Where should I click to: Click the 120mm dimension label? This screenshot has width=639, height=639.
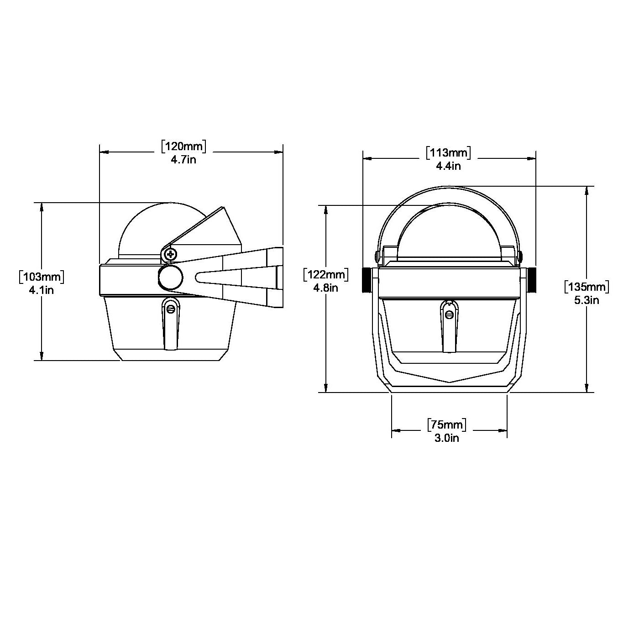pyautogui.click(x=183, y=147)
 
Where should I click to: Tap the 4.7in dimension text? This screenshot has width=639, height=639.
pyautogui.click(x=183, y=160)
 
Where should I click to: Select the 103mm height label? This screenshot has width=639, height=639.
pyautogui.click(x=42, y=277)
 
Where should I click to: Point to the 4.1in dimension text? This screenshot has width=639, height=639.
pyautogui.click(x=42, y=290)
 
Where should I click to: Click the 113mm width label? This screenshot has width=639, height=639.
pyautogui.click(x=448, y=153)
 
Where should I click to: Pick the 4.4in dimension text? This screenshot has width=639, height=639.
pyautogui.click(x=448, y=166)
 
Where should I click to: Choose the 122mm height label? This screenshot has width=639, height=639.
pyautogui.click(x=326, y=275)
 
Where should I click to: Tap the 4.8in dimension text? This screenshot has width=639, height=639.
pyautogui.click(x=326, y=288)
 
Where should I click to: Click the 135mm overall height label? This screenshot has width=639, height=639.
pyautogui.click(x=587, y=287)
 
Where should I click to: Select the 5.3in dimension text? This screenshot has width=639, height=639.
pyautogui.click(x=587, y=300)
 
